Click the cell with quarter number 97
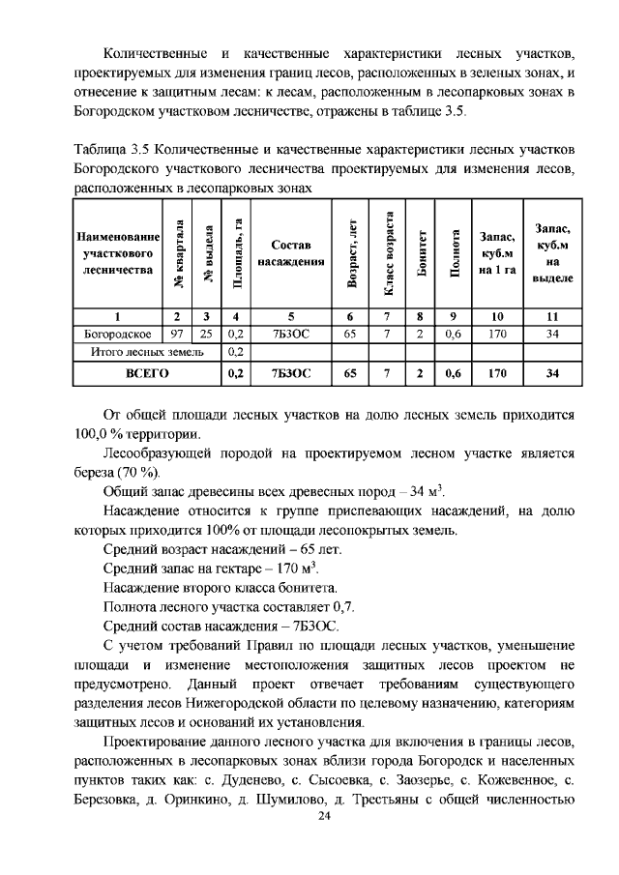pyautogui.click(x=176, y=334)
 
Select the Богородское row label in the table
pyautogui.click(x=117, y=334)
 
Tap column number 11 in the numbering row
pyautogui.click(x=552, y=315)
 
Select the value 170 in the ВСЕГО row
pyautogui.click(x=497, y=371)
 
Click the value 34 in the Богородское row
pyautogui.click(x=552, y=334)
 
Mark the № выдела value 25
pyautogui.click(x=205, y=334)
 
